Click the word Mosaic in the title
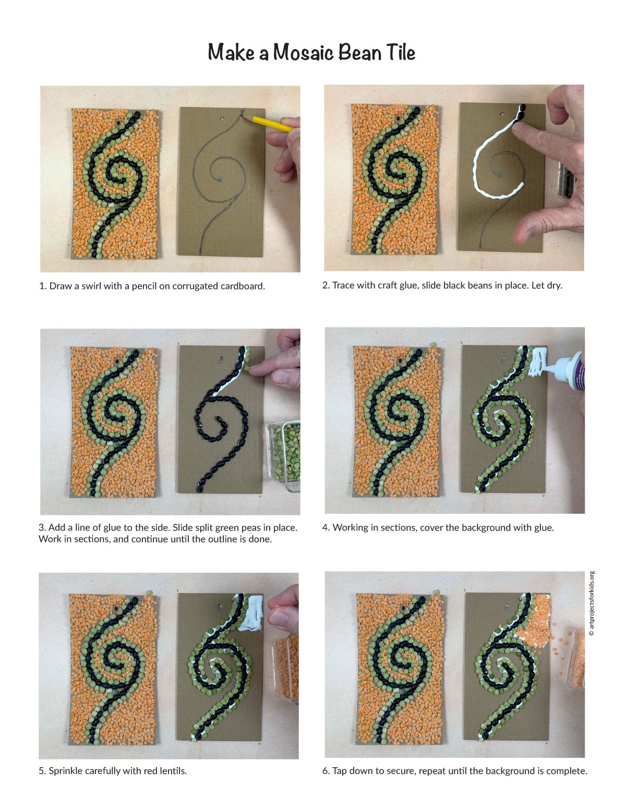pos(303,52)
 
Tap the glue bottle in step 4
pos(569,370)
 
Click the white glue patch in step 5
pos(252,618)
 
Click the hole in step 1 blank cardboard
pos(222,119)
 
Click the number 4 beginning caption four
pos(325,527)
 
